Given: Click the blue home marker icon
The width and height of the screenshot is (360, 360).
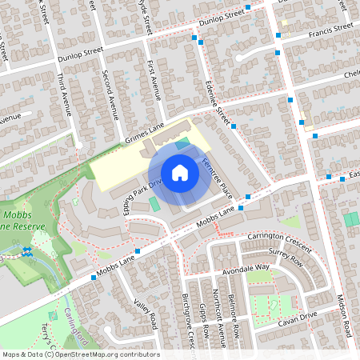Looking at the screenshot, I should point(180,172).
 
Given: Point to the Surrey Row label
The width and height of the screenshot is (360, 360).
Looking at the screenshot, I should point(286,261).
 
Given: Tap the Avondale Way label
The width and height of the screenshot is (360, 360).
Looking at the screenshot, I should point(246,269).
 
